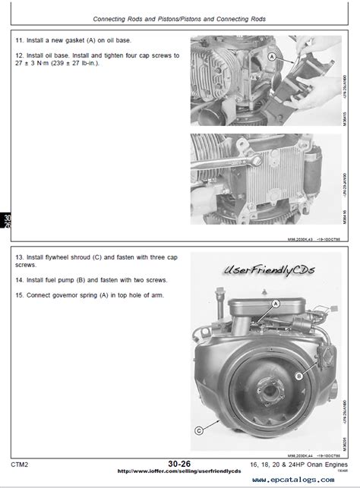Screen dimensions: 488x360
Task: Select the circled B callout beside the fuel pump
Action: [299, 375]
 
